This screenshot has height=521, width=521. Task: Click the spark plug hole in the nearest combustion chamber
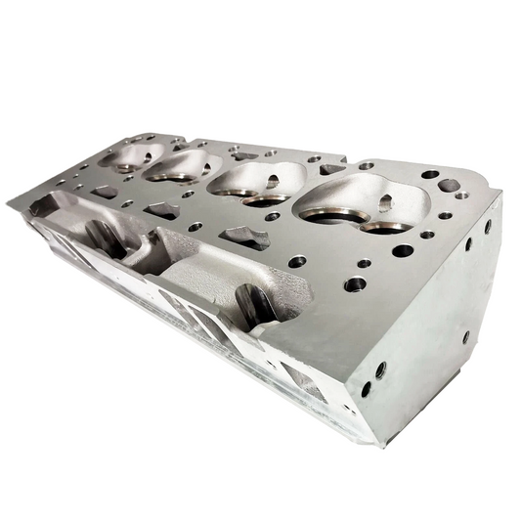pos(385,202)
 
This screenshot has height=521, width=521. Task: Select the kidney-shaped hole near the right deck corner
pos(449,185)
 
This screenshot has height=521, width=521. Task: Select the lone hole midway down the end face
pos(465,337)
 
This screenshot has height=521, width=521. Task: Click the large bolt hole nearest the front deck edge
pos(355,284)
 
